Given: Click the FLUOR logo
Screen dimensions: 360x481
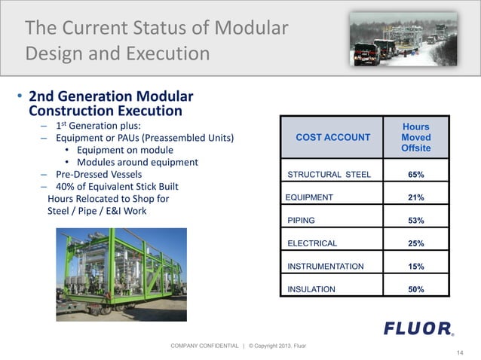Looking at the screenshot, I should [418, 328].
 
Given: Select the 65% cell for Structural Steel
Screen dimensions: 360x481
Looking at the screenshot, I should [415, 175].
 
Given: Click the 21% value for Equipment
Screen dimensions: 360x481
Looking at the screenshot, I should [415, 197].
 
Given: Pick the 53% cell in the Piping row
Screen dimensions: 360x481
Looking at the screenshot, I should [415, 221].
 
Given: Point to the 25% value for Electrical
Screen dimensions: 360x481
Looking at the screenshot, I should [415, 243].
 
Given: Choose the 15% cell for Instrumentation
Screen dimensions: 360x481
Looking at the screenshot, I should [415, 267].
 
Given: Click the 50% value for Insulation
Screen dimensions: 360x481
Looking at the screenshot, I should [415, 289].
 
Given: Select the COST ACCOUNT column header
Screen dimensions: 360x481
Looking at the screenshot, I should [332, 137].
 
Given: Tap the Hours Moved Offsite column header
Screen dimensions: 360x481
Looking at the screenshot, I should [415, 138].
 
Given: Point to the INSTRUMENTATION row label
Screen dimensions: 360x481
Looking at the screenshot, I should [326, 267].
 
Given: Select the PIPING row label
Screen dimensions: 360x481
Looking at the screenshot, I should [302, 221].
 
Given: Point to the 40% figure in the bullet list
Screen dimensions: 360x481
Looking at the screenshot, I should [69, 186].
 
